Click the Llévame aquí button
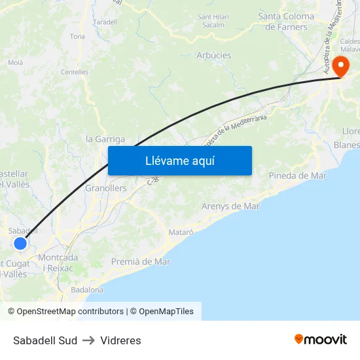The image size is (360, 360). point(179,160)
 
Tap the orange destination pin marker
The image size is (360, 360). point(340,67)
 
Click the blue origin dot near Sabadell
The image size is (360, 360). point(20,243)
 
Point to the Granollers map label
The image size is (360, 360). point(106,188)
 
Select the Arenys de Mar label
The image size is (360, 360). point(230,206)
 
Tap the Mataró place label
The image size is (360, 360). point(181,232)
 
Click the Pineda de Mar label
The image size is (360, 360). point(298,175)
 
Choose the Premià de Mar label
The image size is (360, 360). point(141,261)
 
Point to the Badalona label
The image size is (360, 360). point(87,289)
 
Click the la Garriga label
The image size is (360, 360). point(105,139)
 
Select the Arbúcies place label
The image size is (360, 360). point(214,55)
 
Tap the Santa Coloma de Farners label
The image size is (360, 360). point(287,22)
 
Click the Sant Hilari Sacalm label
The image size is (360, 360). point(214,20)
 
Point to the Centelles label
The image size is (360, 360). point(74,72)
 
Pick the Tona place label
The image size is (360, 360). point(77,37)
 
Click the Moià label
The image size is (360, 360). point(15,63)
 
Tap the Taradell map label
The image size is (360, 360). point(105,22)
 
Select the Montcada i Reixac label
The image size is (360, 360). point(58,262)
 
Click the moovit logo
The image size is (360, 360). point(321,340)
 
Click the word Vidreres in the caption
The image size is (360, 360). point(120,340)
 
